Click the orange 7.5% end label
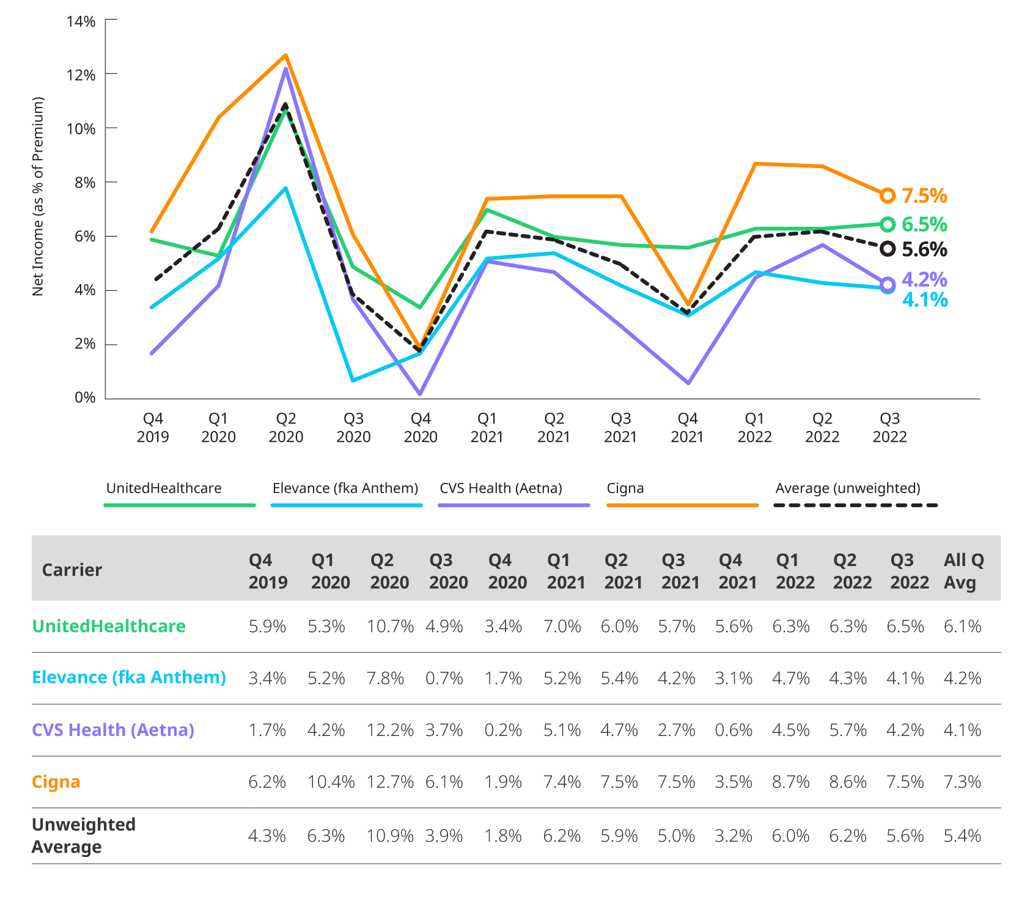click(x=924, y=196)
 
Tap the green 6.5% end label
click(x=924, y=224)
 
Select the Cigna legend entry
click(x=625, y=488)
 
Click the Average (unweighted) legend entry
click(x=848, y=488)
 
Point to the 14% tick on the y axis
click(x=81, y=22)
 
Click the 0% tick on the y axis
click(x=85, y=397)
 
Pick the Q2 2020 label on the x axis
click(x=285, y=428)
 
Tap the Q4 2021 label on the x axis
click(x=687, y=428)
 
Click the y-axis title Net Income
click(x=39, y=196)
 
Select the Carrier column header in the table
click(x=72, y=570)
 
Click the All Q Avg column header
click(x=963, y=571)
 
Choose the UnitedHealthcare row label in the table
click(x=109, y=626)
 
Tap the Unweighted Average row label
click(x=84, y=836)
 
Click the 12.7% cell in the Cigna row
click(x=389, y=782)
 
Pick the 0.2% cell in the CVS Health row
click(x=502, y=730)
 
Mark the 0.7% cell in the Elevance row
click(x=444, y=678)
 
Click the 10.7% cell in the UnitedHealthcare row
click(x=389, y=626)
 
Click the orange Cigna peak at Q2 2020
click(x=285, y=56)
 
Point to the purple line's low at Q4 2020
click(x=420, y=393)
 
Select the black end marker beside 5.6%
click(x=888, y=249)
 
